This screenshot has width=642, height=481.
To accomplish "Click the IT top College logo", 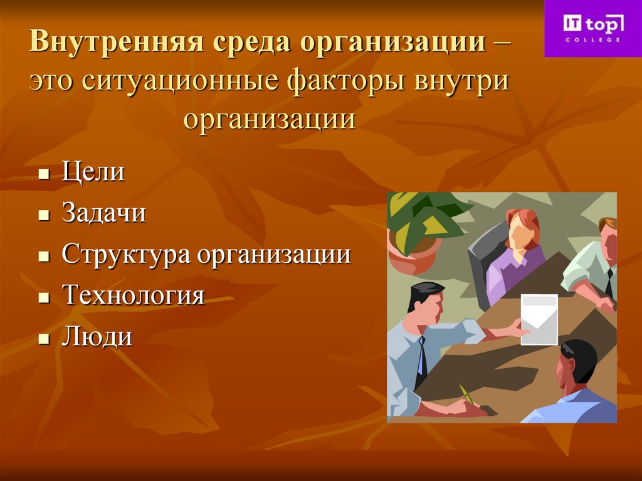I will coord(592,28).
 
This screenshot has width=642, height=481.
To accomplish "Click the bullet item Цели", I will coord(93,172).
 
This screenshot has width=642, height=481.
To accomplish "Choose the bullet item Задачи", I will coord(104,213).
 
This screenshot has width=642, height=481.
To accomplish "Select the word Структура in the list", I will coord(125,255).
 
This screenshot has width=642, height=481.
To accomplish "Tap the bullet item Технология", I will coord(133,295).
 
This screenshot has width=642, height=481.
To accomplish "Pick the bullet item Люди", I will coord(97,337).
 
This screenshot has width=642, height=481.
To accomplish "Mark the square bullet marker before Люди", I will coord(43,339).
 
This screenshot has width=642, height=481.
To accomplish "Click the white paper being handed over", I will coord(539,318).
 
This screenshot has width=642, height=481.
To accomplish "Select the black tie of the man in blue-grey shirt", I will coord(421,361).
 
